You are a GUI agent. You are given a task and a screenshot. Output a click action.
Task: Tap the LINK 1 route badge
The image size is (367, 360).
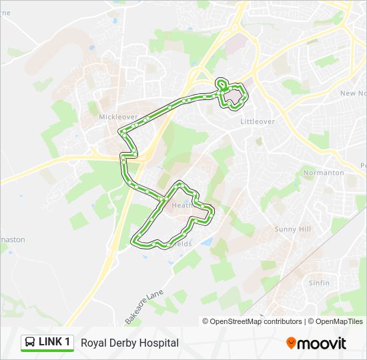click(x=47, y=342)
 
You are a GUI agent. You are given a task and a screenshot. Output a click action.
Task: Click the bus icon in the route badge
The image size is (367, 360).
click(x=30, y=343)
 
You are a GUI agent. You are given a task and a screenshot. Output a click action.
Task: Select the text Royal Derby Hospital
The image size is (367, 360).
click(x=129, y=343)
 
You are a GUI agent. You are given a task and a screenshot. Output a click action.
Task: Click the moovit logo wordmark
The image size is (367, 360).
click(x=322, y=343)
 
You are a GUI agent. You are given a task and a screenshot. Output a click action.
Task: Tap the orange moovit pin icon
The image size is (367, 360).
click(x=291, y=343)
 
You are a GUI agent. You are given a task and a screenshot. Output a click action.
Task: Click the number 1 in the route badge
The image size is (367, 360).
click(x=67, y=342)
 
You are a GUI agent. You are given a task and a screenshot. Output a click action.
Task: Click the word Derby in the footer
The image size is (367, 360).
click(x=123, y=343)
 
